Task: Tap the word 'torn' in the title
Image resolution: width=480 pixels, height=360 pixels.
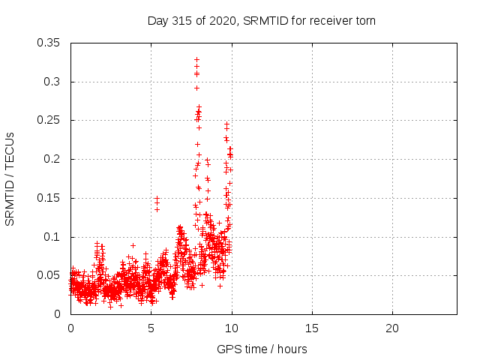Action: click(x=364, y=21)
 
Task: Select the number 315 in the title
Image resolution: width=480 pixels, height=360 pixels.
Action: click(x=182, y=21)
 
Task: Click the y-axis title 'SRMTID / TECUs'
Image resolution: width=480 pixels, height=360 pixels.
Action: click(x=10, y=178)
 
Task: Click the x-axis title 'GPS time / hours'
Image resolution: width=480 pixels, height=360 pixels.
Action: click(x=262, y=349)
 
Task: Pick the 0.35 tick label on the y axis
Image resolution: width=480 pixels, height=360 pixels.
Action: click(x=49, y=43)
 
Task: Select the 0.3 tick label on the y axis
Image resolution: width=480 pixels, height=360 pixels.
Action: click(x=52, y=82)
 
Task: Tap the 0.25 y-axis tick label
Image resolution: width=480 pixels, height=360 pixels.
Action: click(x=49, y=120)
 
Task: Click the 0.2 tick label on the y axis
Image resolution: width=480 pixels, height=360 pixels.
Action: click(x=52, y=159)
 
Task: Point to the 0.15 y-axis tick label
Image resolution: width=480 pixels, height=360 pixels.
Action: click(x=49, y=198)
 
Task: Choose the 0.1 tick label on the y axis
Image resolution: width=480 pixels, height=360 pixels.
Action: click(x=52, y=237)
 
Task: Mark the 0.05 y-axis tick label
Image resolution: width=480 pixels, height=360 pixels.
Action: click(x=49, y=275)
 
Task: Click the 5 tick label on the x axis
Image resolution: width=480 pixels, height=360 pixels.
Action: click(x=151, y=328)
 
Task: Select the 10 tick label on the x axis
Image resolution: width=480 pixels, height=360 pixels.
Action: click(x=231, y=328)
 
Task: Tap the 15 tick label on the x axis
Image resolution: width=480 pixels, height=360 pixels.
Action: click(x=311, y=328)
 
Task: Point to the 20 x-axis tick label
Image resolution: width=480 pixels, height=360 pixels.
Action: click(x=391, y=328)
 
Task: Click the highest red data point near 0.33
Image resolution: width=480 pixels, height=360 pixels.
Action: click(x=196, y=59)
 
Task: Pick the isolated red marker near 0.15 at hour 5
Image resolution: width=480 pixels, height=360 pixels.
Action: click(x=157, y=198)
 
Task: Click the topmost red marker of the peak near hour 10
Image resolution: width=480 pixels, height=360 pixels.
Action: click(x=226, y=124)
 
